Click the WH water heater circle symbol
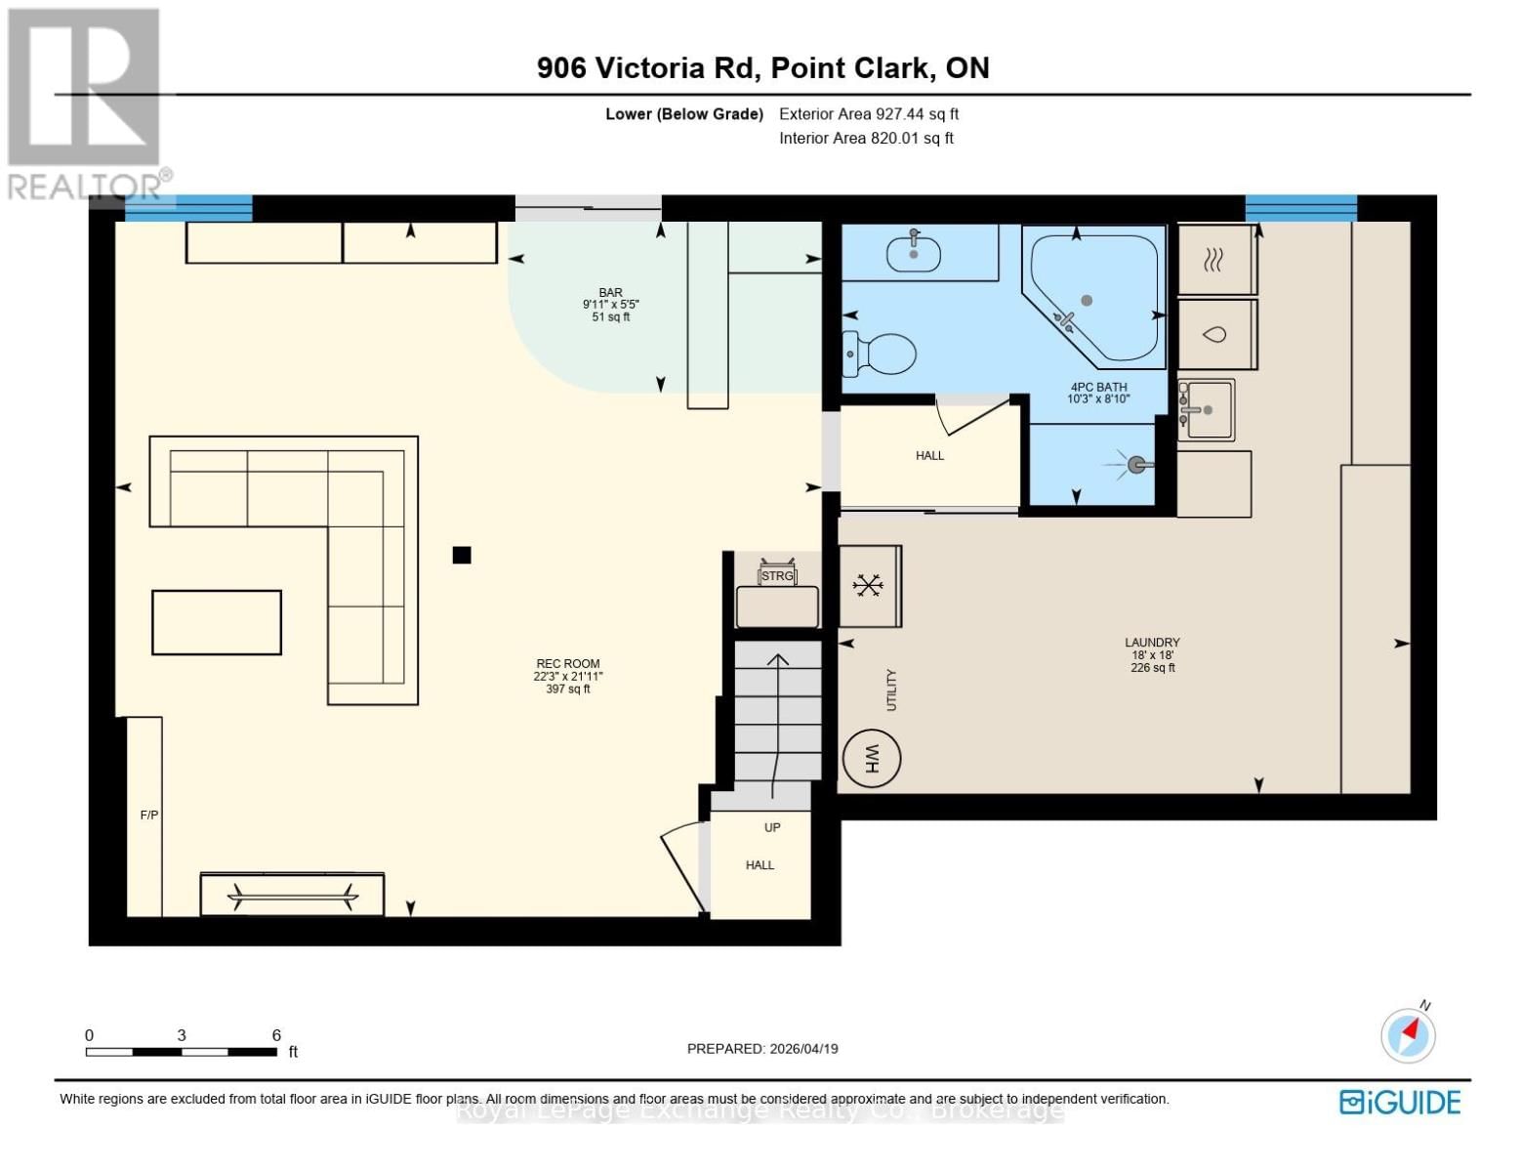(x=871, y=758)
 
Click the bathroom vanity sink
(x=914, y=254)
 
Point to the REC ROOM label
(x=567, y=664)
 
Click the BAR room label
(x=611, y=293)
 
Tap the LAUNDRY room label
(x=1152, y=643)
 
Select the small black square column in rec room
(x=462, y=555)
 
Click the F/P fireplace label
(x=149, y=815)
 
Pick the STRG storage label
(x=777, y=576)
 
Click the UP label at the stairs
(x=772, y=827)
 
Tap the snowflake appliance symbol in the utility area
(x=867, y=586)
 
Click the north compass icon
(x=1408, y=1033)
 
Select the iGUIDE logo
(x=1400, y=1103)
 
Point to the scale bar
(x=182, y=1052)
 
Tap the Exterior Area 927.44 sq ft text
(x=869, y=114)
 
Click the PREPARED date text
(x=762, y=1049)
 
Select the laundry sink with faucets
(x=1207, y=410)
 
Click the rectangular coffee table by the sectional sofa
(x=217, y=622)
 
